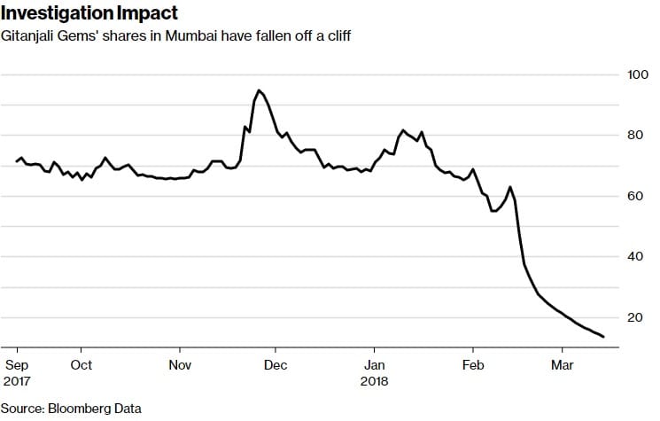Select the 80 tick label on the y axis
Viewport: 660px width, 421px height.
(633, 136)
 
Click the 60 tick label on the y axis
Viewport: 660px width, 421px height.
(633, 196)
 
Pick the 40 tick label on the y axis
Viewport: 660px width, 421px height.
(633, 257)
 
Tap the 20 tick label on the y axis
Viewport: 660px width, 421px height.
(633, 317)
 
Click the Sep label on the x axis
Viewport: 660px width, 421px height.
(18, 364)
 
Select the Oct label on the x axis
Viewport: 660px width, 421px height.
(81, 364)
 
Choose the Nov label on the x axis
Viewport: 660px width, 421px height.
(180, 364)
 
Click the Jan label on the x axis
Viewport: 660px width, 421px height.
(375, 364)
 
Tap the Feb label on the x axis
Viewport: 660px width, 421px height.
(473, 364)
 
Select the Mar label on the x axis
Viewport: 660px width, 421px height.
(563, 364)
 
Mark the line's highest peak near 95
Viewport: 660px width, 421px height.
(258, 90)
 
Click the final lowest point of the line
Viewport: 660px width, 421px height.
(603, 337)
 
